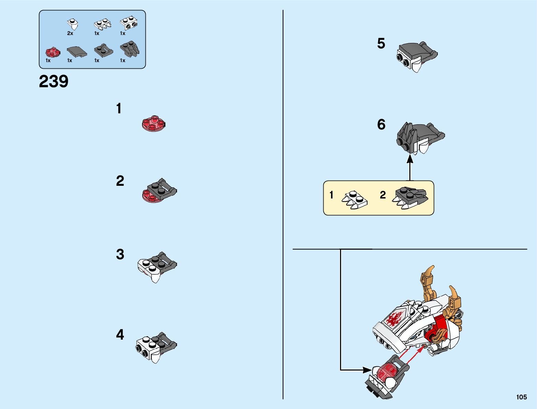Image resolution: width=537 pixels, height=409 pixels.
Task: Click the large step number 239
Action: coord(54,82)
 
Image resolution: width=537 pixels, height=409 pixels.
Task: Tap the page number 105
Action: coord(521,397)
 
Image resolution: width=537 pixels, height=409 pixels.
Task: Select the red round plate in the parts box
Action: coord(52,52)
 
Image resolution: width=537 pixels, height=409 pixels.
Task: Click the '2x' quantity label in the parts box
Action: coord(70,33)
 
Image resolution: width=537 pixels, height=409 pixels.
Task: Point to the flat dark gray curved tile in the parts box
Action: coord(77,52)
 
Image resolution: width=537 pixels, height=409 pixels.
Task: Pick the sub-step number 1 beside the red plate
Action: coord(119,109)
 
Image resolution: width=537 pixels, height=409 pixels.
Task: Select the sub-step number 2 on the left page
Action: coord(120,181)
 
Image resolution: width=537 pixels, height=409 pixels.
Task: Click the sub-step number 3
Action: coord(120,254)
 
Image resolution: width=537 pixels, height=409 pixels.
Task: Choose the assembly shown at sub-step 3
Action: coord(157,266)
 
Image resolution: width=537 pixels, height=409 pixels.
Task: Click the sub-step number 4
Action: coord(120,334)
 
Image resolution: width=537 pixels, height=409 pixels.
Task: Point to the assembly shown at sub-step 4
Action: coord(156,346)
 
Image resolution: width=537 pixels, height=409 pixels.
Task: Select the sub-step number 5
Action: coord(381,44)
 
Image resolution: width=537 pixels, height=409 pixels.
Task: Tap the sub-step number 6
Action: coord(381,124)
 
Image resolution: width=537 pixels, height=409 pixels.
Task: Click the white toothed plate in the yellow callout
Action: coord(355,200)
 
